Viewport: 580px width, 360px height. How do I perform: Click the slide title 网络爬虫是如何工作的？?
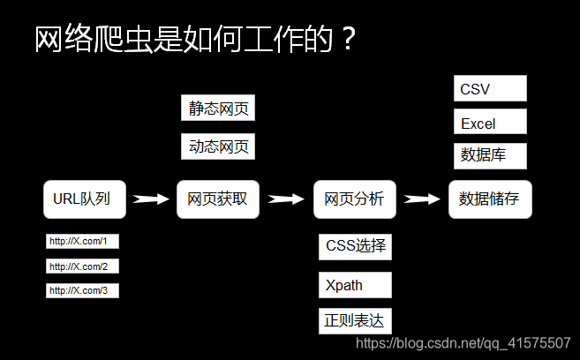[x=194, y=40]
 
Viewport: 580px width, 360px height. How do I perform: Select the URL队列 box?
[x=84, y=199]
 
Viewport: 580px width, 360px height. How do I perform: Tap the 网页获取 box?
[x=217, y=199]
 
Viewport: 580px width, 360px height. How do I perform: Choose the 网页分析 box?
[x=354, y=199]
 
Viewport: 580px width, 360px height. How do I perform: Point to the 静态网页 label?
[x=218, y=109]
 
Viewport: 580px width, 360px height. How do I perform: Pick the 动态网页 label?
[x=218, y=146]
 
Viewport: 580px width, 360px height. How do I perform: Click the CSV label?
[x=490, y=89]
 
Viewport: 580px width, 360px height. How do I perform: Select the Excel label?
[x=490, y=123]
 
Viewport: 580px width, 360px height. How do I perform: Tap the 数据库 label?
[x=490, y=155]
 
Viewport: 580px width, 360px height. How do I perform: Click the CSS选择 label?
[x=355, y=246]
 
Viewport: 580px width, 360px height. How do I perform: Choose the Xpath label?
[x=355, y=285]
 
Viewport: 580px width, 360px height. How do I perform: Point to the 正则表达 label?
[x=355, y=320]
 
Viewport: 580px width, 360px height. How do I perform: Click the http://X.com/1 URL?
[x=82, y=241]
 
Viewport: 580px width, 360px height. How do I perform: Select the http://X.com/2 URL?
[x=82, y=266]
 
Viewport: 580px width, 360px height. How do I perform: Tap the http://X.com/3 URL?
[x=82, y=290]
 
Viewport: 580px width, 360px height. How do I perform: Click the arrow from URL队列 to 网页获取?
[x=150, y=199]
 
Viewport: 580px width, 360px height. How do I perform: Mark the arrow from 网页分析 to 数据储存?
[x=422, y=199]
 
